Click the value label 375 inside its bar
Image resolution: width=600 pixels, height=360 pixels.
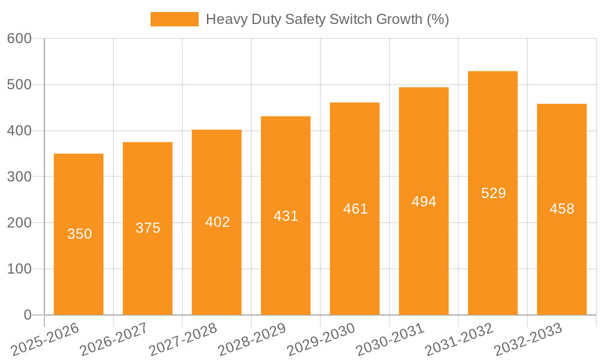(148, 228)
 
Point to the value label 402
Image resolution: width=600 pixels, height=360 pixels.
(217, 222)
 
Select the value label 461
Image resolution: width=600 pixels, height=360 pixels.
(355, 209)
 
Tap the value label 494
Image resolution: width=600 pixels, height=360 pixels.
(424, 202)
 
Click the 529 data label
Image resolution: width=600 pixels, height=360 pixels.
(493, 193)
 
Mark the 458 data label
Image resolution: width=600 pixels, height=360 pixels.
(562, 209)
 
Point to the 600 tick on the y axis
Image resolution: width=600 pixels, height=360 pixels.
(19, 38)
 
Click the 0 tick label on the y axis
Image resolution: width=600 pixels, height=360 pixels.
(28, 315)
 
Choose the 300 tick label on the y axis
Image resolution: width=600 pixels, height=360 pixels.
(19, 177)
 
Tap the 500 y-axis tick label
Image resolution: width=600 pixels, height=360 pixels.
(19, 85)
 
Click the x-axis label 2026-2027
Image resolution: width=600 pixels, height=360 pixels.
(114, 340)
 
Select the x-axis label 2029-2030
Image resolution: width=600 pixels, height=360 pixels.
(321, 340)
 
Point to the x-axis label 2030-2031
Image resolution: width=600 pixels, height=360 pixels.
(390, 340)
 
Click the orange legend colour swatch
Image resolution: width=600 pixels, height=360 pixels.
(174, 19)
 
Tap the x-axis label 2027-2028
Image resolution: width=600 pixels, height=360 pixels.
(183, 340)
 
